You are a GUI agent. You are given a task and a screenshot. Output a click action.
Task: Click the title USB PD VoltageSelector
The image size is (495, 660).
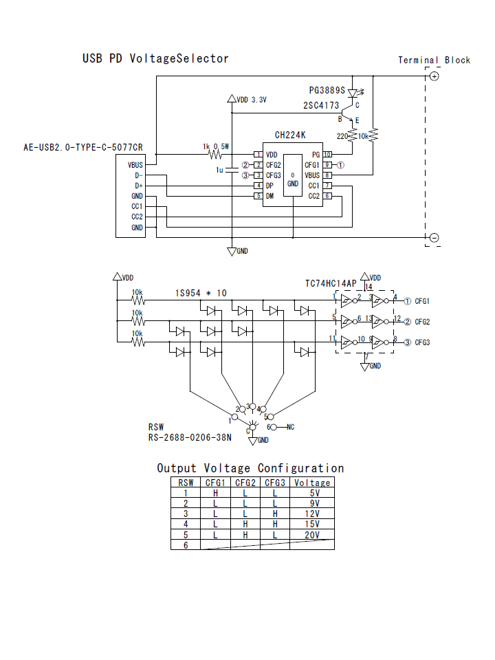pyautogui.click(x=155, y=58)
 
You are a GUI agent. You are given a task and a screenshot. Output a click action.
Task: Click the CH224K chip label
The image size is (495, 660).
pyautogui.click(x=291, y=135)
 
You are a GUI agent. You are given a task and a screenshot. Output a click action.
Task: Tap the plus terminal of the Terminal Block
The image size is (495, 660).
pyautogui.click(x=434, y=76)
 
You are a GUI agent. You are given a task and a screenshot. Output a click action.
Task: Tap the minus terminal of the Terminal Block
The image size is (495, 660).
pyautogui.click(x=434, y=238)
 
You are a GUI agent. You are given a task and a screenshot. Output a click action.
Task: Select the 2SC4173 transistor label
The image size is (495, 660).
pyautogui.click(x=321, y=106)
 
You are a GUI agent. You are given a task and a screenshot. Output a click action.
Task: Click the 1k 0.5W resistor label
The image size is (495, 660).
pyautogui.click(x=216, y=146)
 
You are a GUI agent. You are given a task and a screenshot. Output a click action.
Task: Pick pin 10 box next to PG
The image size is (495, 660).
pyautogui.click(x=328, y=155)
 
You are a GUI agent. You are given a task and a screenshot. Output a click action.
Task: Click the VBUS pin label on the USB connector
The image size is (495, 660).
pyautogui.click(x=135, y=165)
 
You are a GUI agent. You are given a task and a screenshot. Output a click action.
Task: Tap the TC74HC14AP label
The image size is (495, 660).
pyautogui.click(x=331, y=283)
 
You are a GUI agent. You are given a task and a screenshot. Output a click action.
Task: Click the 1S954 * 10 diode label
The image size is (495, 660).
pyautogui.click(x=201, y=294)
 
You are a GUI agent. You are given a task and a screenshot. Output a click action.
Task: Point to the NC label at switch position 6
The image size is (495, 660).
pyautogui.click(x=290, y=427)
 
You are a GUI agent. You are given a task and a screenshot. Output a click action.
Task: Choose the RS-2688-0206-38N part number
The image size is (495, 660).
pyautogui.click(x=190, y=437)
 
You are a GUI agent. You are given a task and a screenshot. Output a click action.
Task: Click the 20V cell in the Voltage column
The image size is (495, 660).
pyautogui.click(x=311, y=535)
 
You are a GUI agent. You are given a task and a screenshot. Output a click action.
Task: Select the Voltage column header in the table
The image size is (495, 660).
pyautogui.click(x=311, y=483)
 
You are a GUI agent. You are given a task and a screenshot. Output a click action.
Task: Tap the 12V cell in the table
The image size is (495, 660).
pyautogui.click(x=311, y=514)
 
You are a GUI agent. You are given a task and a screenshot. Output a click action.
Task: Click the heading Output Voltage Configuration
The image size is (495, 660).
pyautogui.click(x=250, y=468)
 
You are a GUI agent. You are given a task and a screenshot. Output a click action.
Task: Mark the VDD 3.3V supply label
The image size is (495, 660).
pyautogui.click(x=251, y=100)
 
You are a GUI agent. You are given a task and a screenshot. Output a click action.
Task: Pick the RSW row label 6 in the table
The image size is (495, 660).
pyautogui.click(x=185, y=545)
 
